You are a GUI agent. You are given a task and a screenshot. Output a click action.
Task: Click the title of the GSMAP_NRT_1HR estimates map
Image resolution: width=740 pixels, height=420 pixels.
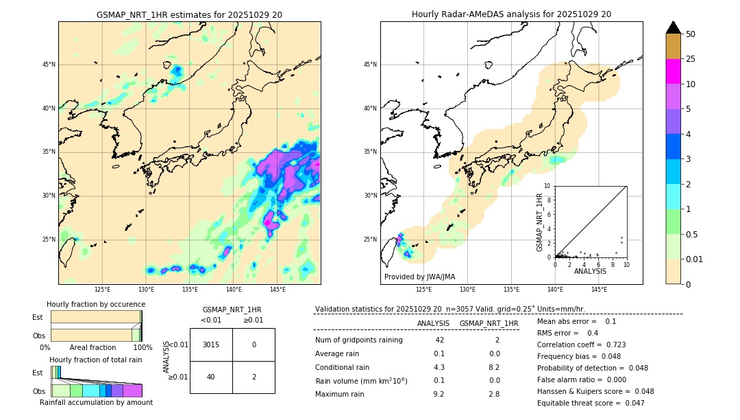click(x=189, y=14)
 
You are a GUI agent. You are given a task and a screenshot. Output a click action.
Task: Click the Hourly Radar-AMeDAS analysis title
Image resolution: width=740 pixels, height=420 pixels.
click(x=511, y=14)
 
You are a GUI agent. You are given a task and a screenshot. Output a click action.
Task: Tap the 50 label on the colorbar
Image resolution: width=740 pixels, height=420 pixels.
click(x=691, y=34)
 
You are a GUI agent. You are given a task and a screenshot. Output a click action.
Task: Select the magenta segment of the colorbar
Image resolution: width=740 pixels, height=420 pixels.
click(x=674, y=71)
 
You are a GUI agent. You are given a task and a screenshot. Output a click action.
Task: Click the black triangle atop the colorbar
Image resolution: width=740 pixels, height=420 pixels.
click(x=674, y=27)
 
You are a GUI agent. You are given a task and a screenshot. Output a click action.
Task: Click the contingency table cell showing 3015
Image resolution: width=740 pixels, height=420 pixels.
click(x=211, y=345)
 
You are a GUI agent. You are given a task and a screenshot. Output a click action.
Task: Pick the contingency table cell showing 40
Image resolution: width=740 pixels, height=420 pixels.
click(x=211, y=377)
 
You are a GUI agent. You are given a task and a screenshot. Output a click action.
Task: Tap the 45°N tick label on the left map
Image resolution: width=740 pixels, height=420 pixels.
click(x=49, y=65)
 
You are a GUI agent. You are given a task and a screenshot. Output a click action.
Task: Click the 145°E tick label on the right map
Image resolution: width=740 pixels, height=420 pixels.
click(x=599, y=290)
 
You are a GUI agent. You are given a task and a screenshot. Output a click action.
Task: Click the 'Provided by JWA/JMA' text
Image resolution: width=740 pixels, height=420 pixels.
click(x=419, y=277)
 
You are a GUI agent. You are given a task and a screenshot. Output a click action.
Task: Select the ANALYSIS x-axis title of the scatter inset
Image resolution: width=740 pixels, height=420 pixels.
click(x=590, y=271)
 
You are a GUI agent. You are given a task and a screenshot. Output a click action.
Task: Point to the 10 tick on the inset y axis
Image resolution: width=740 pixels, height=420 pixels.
click(x=547, y=186)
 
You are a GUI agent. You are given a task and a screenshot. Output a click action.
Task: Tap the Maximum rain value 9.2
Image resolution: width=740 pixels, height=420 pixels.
click(x=439, y=394)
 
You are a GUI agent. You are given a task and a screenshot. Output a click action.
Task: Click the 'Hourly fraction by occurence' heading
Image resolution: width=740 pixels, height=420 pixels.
click(x=96, y=304)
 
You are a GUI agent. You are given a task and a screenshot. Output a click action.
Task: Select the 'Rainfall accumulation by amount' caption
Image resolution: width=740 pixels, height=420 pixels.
click(x=96, y=402)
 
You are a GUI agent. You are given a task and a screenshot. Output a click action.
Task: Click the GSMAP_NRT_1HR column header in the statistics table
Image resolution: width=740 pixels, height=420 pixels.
click(x=489, y=323)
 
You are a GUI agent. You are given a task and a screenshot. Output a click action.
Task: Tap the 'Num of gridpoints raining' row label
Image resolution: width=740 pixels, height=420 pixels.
click(x=359, y=340)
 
